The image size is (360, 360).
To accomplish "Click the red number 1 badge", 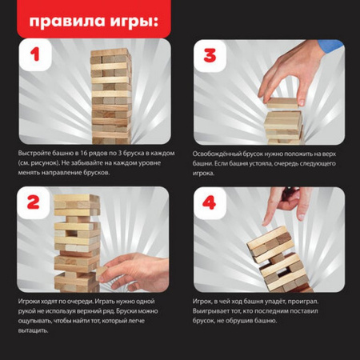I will [34, 57].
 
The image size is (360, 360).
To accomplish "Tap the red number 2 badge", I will [34, 203].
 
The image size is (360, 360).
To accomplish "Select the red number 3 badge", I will [209, 57].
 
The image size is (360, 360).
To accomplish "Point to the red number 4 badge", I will [209, 203].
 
